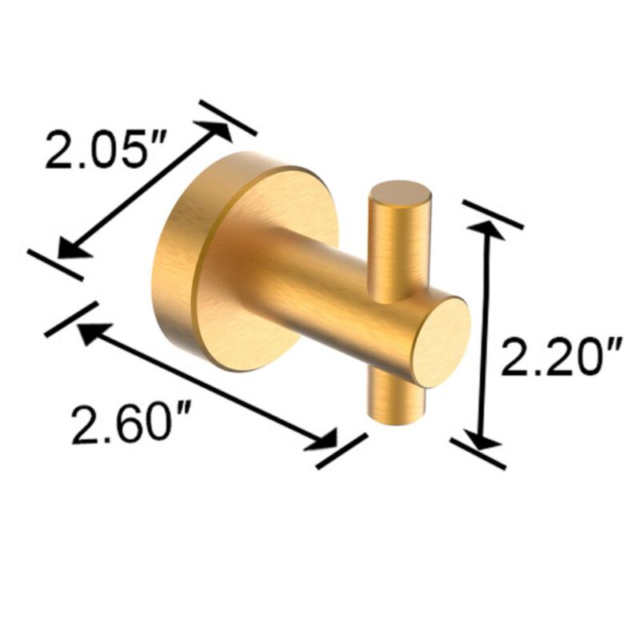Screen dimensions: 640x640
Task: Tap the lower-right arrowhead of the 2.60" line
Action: pos(326,442)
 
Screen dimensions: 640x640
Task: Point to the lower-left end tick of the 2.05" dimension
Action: pos(54,264)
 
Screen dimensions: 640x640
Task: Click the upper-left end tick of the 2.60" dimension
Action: pos(71,318)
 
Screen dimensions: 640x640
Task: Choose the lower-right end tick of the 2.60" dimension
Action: pos(342,450)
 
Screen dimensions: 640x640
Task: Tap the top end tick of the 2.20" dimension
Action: pos(492,214)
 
